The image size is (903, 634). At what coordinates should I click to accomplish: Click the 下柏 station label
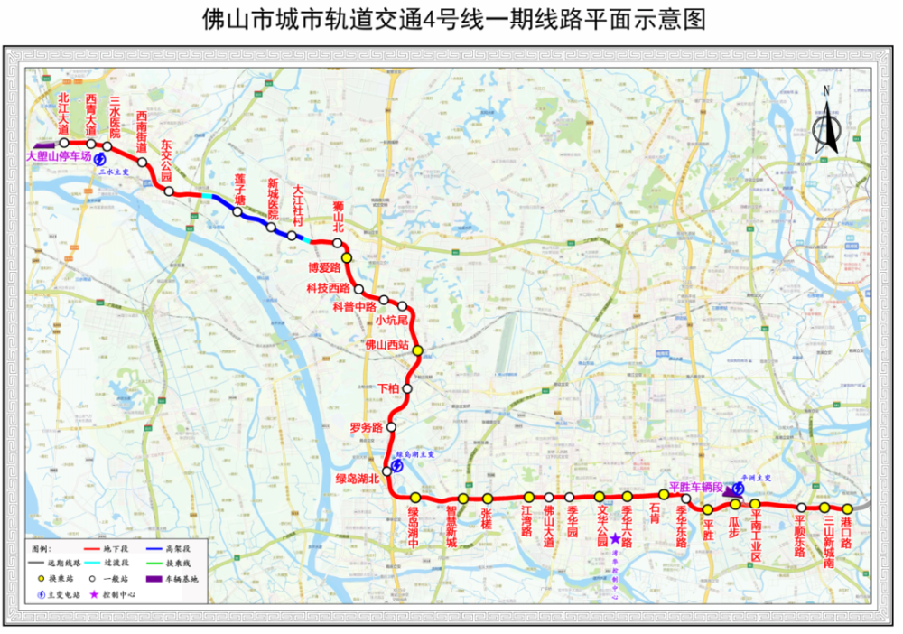pos(386,387)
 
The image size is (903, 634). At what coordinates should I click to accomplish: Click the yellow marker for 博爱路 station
pos(347,257)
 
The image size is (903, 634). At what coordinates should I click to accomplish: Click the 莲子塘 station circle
pos(237,213)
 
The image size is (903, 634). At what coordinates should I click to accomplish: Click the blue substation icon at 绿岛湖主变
pos(396,465)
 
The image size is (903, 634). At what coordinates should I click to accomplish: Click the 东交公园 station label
pos(166,157)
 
